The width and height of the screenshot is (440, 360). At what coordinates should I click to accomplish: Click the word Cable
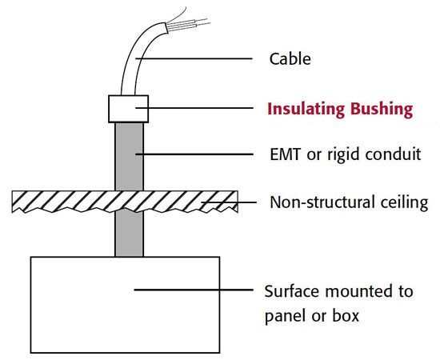290,59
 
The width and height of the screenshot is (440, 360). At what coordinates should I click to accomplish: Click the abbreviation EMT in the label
284,154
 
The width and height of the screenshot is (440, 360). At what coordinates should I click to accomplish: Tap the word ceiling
405,202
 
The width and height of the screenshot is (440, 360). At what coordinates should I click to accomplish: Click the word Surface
290,291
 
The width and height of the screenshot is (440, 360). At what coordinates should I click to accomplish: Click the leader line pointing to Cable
200,59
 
